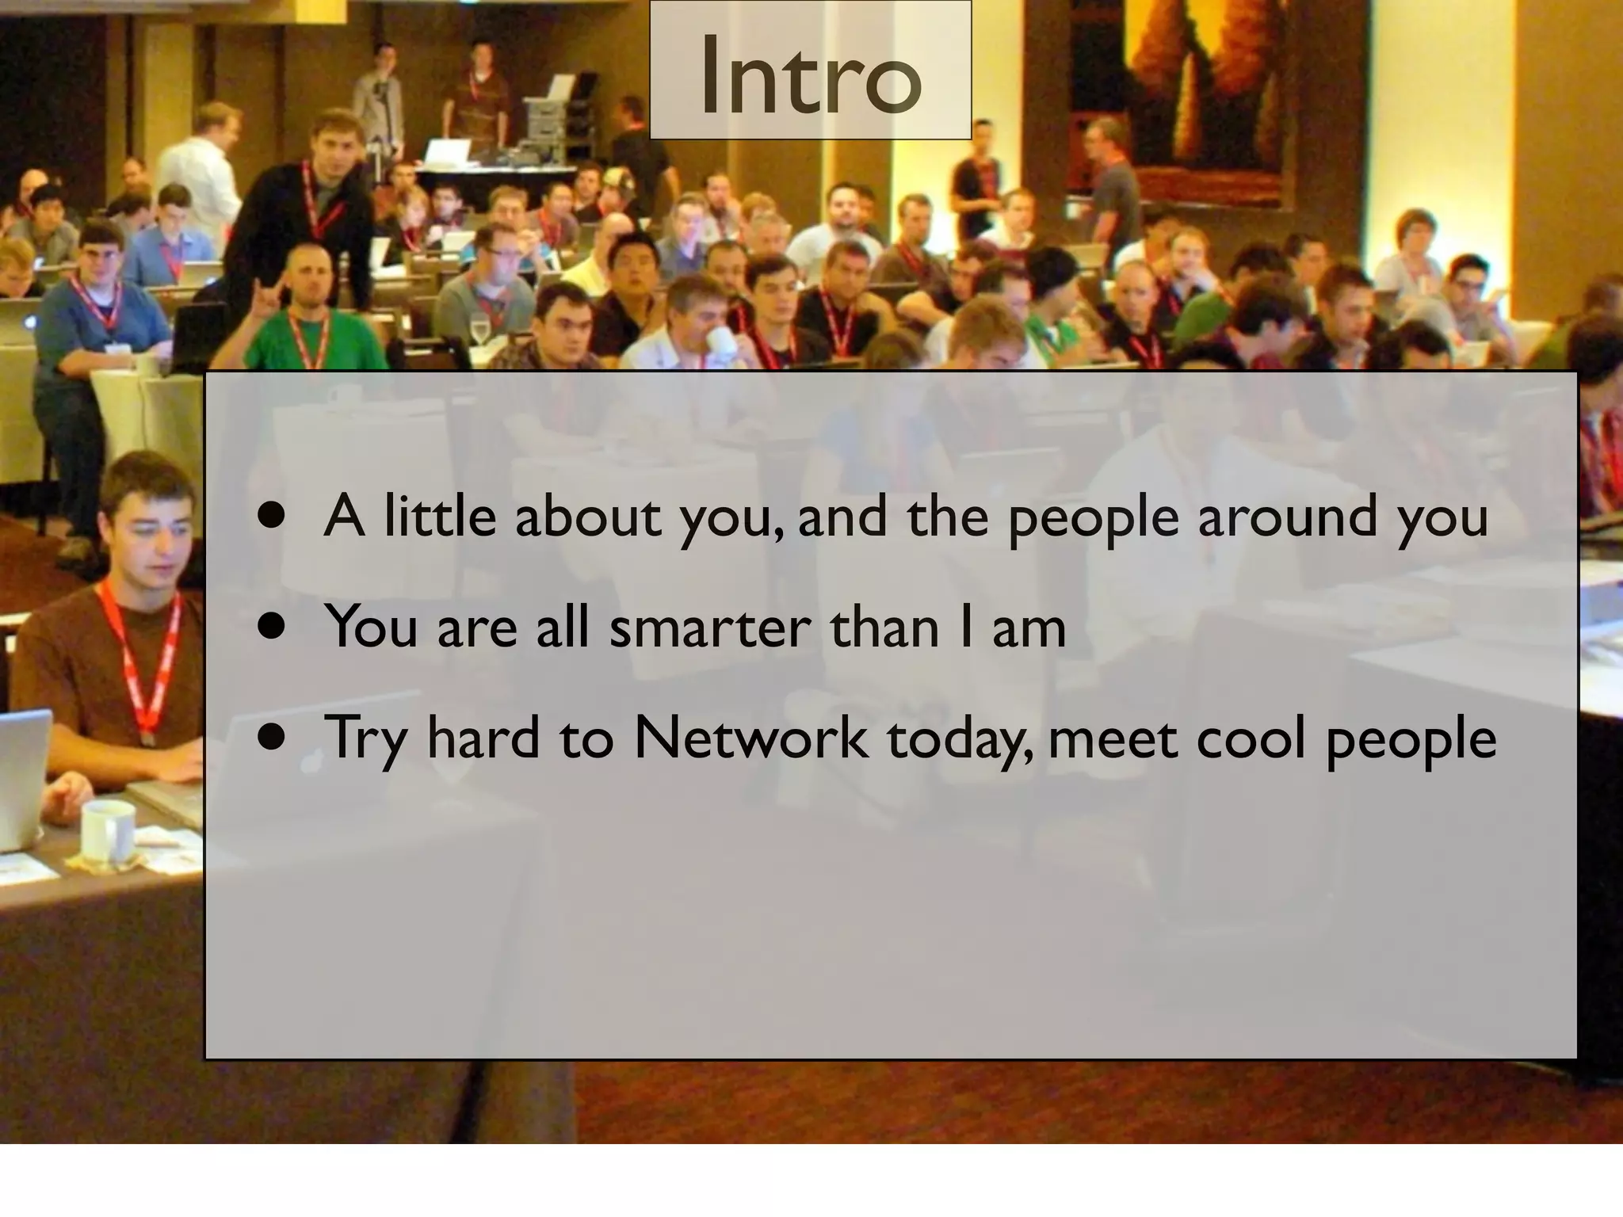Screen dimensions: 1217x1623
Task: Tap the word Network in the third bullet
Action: point(750,738)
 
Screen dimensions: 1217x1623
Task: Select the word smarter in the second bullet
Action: point(710,628)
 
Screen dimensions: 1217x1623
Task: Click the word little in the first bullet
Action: point(439,517)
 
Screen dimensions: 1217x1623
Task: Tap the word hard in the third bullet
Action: point(483,738)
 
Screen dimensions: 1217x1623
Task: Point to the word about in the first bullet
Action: point(588,517)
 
